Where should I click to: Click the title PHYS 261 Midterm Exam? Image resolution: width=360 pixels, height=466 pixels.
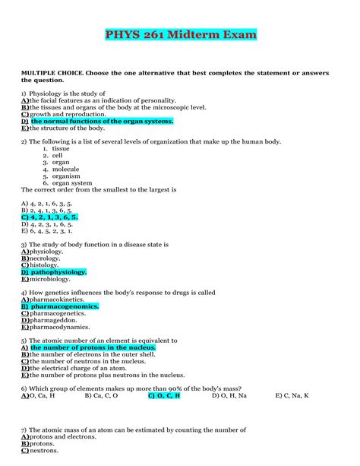click(180, 35)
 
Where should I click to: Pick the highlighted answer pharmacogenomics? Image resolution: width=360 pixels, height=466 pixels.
click(65, 306)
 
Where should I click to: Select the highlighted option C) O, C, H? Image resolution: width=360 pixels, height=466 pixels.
click(164, 395)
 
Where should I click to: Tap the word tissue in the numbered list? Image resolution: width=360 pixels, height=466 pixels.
click(60, 148)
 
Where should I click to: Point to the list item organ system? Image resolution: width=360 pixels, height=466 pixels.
click(71, 182)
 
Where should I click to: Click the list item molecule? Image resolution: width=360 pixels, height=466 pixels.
click(65, 169)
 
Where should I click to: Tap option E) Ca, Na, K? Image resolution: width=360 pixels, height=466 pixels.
click(292, 395)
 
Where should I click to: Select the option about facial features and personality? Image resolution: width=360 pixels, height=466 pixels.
click(99, 100)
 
